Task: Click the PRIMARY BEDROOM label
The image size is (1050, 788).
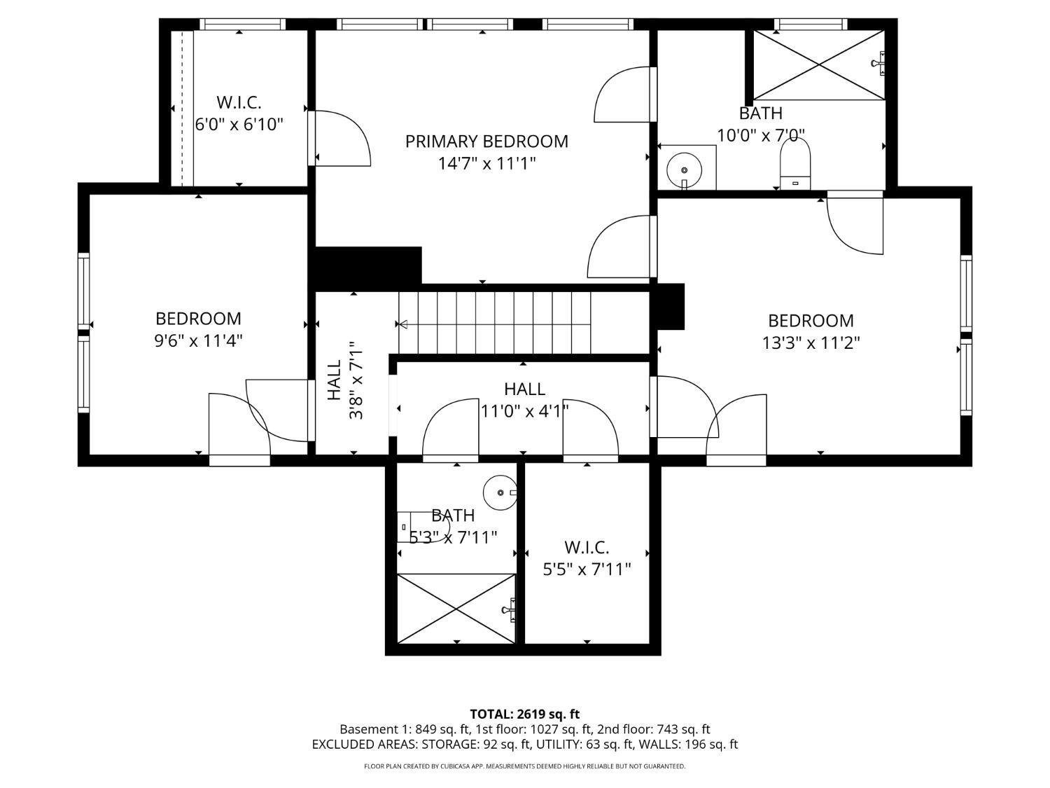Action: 486,141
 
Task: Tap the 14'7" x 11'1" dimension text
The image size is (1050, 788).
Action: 486,164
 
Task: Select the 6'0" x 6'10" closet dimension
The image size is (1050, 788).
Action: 239,125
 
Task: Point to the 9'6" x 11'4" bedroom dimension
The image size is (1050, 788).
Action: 198,341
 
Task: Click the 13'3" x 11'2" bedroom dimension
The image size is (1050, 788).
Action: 811,343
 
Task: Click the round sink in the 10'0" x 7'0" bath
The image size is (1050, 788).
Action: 684,170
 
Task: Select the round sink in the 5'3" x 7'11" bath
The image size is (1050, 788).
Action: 500,493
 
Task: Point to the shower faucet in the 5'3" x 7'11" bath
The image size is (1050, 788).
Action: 510,610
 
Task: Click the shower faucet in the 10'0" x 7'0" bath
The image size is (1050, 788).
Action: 878,63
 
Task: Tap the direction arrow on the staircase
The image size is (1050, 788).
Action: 402,324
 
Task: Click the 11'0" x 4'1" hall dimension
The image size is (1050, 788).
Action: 524,411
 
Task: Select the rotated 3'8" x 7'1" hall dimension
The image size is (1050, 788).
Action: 356,380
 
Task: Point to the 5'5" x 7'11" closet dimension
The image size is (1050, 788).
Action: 587,570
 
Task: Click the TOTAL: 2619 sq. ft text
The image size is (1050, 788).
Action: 525,714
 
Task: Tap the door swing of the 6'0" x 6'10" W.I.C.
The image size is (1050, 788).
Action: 342,139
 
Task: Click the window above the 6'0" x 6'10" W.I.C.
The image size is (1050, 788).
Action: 242,25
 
